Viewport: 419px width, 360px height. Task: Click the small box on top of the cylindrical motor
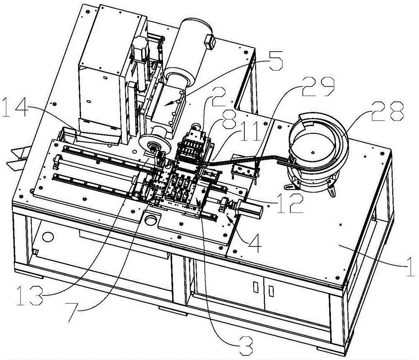210,42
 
